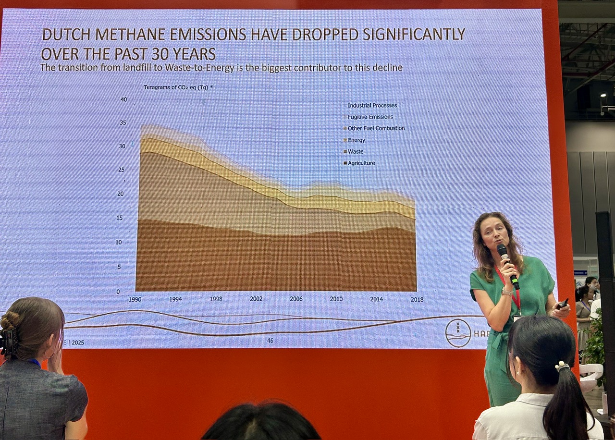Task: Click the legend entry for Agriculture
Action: [361, 163]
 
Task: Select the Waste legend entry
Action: [355, 152]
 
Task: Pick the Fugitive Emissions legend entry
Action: [370, 117]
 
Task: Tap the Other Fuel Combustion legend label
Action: [376, 128]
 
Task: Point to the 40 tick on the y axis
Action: [123, 99]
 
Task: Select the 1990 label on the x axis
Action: [135, 299]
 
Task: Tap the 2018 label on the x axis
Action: [417, 299]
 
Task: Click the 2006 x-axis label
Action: [296, 299]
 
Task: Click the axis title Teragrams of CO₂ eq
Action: [176, 87]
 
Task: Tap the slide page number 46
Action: [270, 341]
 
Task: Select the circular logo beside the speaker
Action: [458, 333]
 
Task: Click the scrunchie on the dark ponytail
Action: [562, 367]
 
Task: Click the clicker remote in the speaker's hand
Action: [562, 304]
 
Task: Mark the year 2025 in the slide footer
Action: [77, 342]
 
